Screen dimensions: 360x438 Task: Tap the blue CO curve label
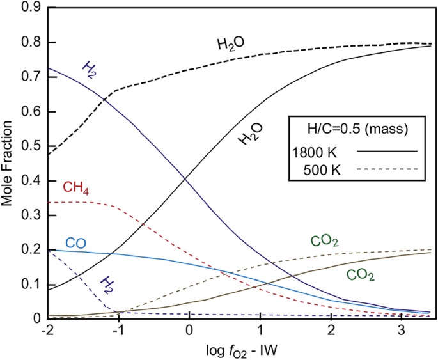(x=76, y=243)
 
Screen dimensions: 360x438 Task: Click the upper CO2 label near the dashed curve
(x=324, y=242)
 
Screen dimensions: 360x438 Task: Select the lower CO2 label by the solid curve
(x=360, y=276)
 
